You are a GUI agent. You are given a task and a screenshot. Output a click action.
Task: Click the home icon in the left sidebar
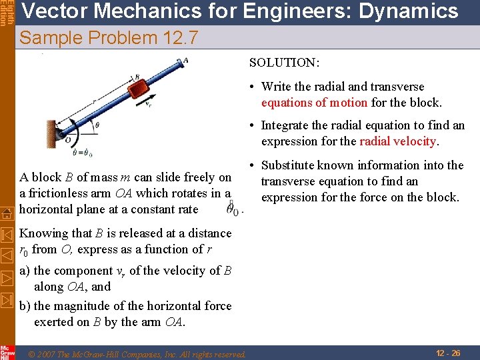point(7,213)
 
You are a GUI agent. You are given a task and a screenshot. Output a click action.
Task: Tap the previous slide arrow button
point(7,255)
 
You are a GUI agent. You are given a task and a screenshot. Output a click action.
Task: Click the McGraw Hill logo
point(7,351)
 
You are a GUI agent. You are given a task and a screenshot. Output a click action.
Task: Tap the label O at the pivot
point(67,139)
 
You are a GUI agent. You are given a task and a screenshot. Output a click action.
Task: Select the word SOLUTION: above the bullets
point(284,63)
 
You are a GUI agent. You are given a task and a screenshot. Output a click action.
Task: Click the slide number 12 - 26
point(447,353)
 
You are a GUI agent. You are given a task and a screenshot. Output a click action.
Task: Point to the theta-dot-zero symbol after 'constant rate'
point(233,209)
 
